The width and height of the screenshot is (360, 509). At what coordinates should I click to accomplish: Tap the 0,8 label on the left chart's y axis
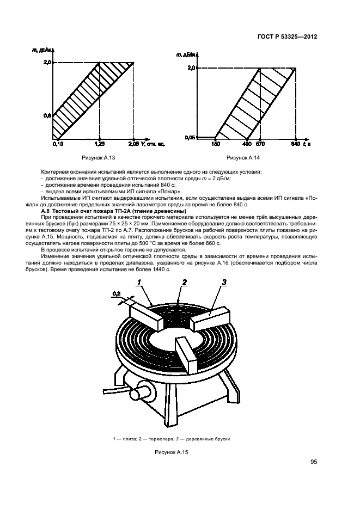point(47,115)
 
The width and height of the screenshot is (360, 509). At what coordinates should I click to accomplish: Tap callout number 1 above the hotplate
point(139,281)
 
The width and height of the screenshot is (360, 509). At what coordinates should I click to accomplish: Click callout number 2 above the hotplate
point(185,281)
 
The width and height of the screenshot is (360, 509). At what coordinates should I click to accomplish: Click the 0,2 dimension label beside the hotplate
point(115,294)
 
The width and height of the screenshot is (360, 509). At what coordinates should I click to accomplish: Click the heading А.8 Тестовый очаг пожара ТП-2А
point(113,211)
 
